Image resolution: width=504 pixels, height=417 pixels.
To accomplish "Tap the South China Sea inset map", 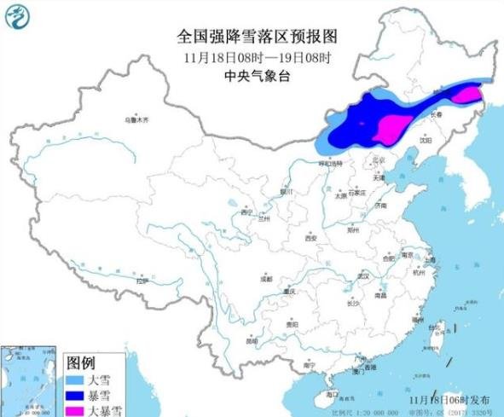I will pyautogui.click(x=30, y=380).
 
